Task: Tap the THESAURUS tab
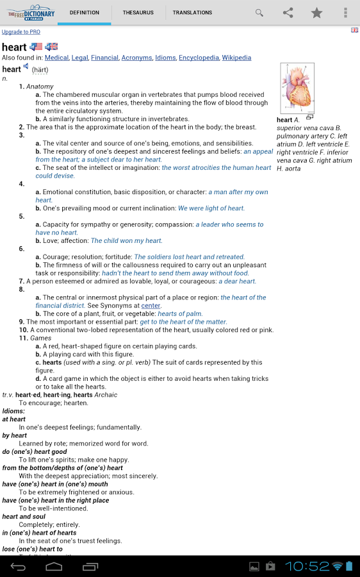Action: [x=138, y=12]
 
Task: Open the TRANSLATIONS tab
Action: [x=192, y=12]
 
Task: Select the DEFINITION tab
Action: [x=84, y=12]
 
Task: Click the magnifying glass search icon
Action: [x=259, y=12]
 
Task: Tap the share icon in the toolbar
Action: [x=288, y=12]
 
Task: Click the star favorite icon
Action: [x=316, y=12]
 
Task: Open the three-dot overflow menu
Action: [x=345, y=12]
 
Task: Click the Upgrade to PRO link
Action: [x=20, y=31]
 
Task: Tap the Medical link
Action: [x=56, y=58]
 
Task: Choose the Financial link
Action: [x=104, y=58]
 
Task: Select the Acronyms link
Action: [x=136, y=58]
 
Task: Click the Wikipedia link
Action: [x=236, y=58]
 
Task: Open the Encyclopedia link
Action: [x=199, y=58]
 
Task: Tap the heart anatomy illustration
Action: [x=297, y=88]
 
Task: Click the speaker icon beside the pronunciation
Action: [x=26, y=67]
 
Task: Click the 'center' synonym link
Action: [x=151, y=306]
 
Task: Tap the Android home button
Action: [x=54, y=566]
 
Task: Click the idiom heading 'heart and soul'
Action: [x=24, y=517]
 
